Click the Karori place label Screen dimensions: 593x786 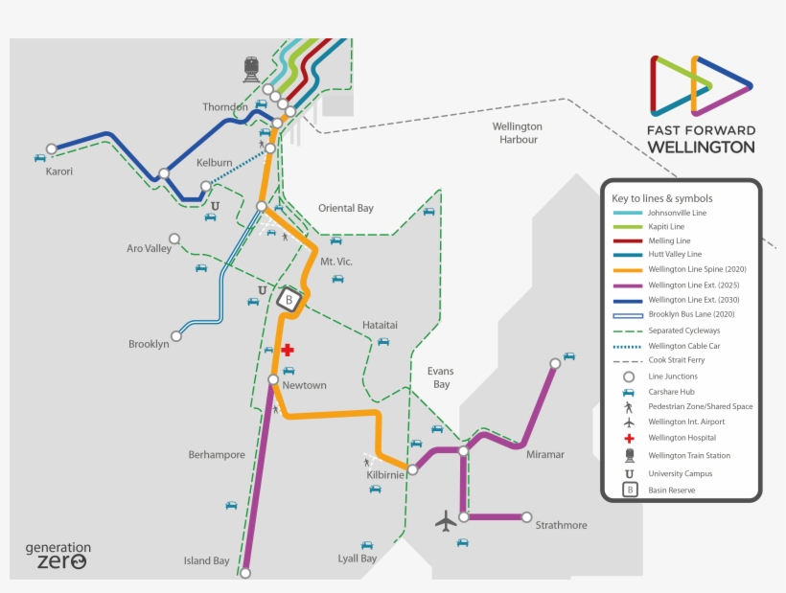[x=59, y=172]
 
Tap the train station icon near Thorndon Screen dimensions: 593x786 [x=251, y=69]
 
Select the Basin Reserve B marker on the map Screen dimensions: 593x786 [x=288, y=300]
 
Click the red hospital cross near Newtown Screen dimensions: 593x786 [x=287, y=351]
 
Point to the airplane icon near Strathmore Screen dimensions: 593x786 [x=446, y=521]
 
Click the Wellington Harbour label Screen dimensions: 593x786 [x=517, y=133]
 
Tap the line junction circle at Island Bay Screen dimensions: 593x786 [x=244, y=573]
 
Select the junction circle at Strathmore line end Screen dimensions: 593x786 [x=526, y=516]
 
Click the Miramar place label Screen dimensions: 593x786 [x=545, y=454]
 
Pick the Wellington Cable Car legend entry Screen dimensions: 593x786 [x=683, y=346]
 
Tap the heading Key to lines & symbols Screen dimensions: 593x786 [x=662, y=198]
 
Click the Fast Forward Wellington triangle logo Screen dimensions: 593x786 [x=701, y=86]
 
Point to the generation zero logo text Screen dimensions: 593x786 [x=58, y=556]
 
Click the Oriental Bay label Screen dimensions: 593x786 [x=346, y=208]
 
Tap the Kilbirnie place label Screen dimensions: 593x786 [x=385, y=475]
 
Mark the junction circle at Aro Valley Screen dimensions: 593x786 [x=174, y=239]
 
